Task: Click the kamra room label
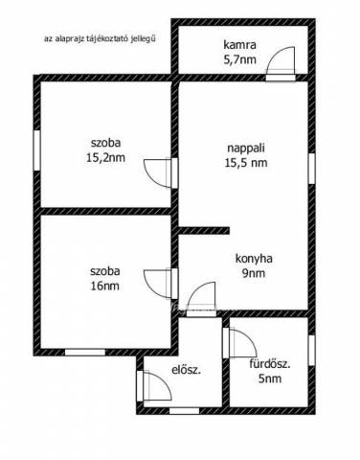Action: coord(239,44)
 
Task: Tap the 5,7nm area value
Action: coord(239,59)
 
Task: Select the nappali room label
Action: coord(246,149)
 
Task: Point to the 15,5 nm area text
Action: coord(246,163)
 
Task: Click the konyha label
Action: coord(254,259)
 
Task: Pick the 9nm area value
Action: coord(254,273)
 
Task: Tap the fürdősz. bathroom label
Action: coord(270,364)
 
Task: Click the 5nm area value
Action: coord(270,379)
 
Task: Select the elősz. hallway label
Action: coord(187,370)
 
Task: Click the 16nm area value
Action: coord(105,286)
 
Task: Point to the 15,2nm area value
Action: coord(105,157)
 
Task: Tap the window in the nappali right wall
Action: coord(312,169)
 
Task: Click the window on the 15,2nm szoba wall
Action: coord(37,150)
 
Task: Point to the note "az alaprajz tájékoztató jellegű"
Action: coord(100,39)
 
